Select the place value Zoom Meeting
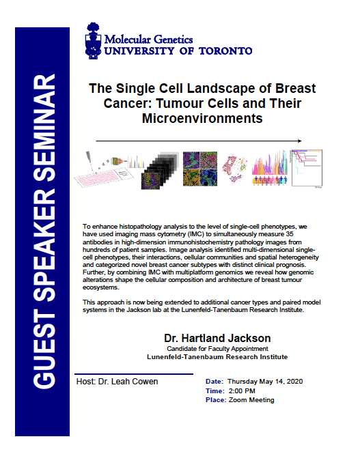(253, 399)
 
